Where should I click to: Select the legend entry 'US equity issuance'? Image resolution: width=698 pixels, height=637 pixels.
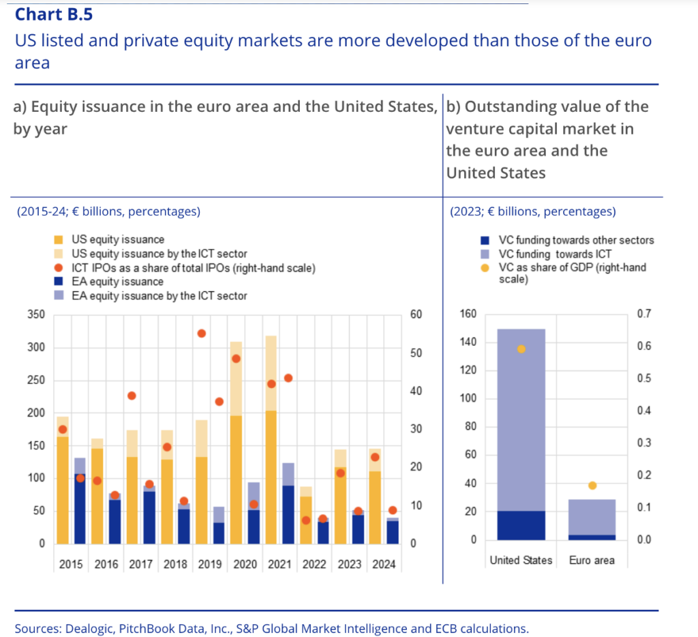pyautogui.click(x=118, y=239)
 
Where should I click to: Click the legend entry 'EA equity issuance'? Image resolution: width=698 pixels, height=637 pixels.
pyautogui.click(x=118, y=282)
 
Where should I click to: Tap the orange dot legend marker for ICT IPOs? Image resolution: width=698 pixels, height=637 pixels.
pyautogui.click(x=59, y=268)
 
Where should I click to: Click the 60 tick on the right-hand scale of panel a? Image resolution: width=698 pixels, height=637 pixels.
pyautogui.click(x=416, y=314)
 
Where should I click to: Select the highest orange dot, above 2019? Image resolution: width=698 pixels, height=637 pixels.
pyautogui.click(x=202, y=334)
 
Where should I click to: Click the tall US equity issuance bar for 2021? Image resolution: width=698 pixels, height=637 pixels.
pyautogui.click(x=270, y=477)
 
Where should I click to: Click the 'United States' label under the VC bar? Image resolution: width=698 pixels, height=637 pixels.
pyautogui.click(x=521, y=561)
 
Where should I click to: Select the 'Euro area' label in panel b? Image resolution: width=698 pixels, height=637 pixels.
pyautogui.click(x=592, y=561)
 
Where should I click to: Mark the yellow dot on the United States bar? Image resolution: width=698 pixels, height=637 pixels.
pyautogui.click(x=521, y=349)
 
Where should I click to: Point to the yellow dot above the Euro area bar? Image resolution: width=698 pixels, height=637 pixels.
pyautogui.click(x=592, y=486)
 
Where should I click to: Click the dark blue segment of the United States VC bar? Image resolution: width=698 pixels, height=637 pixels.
pyautogui.click(x=521, y=525)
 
